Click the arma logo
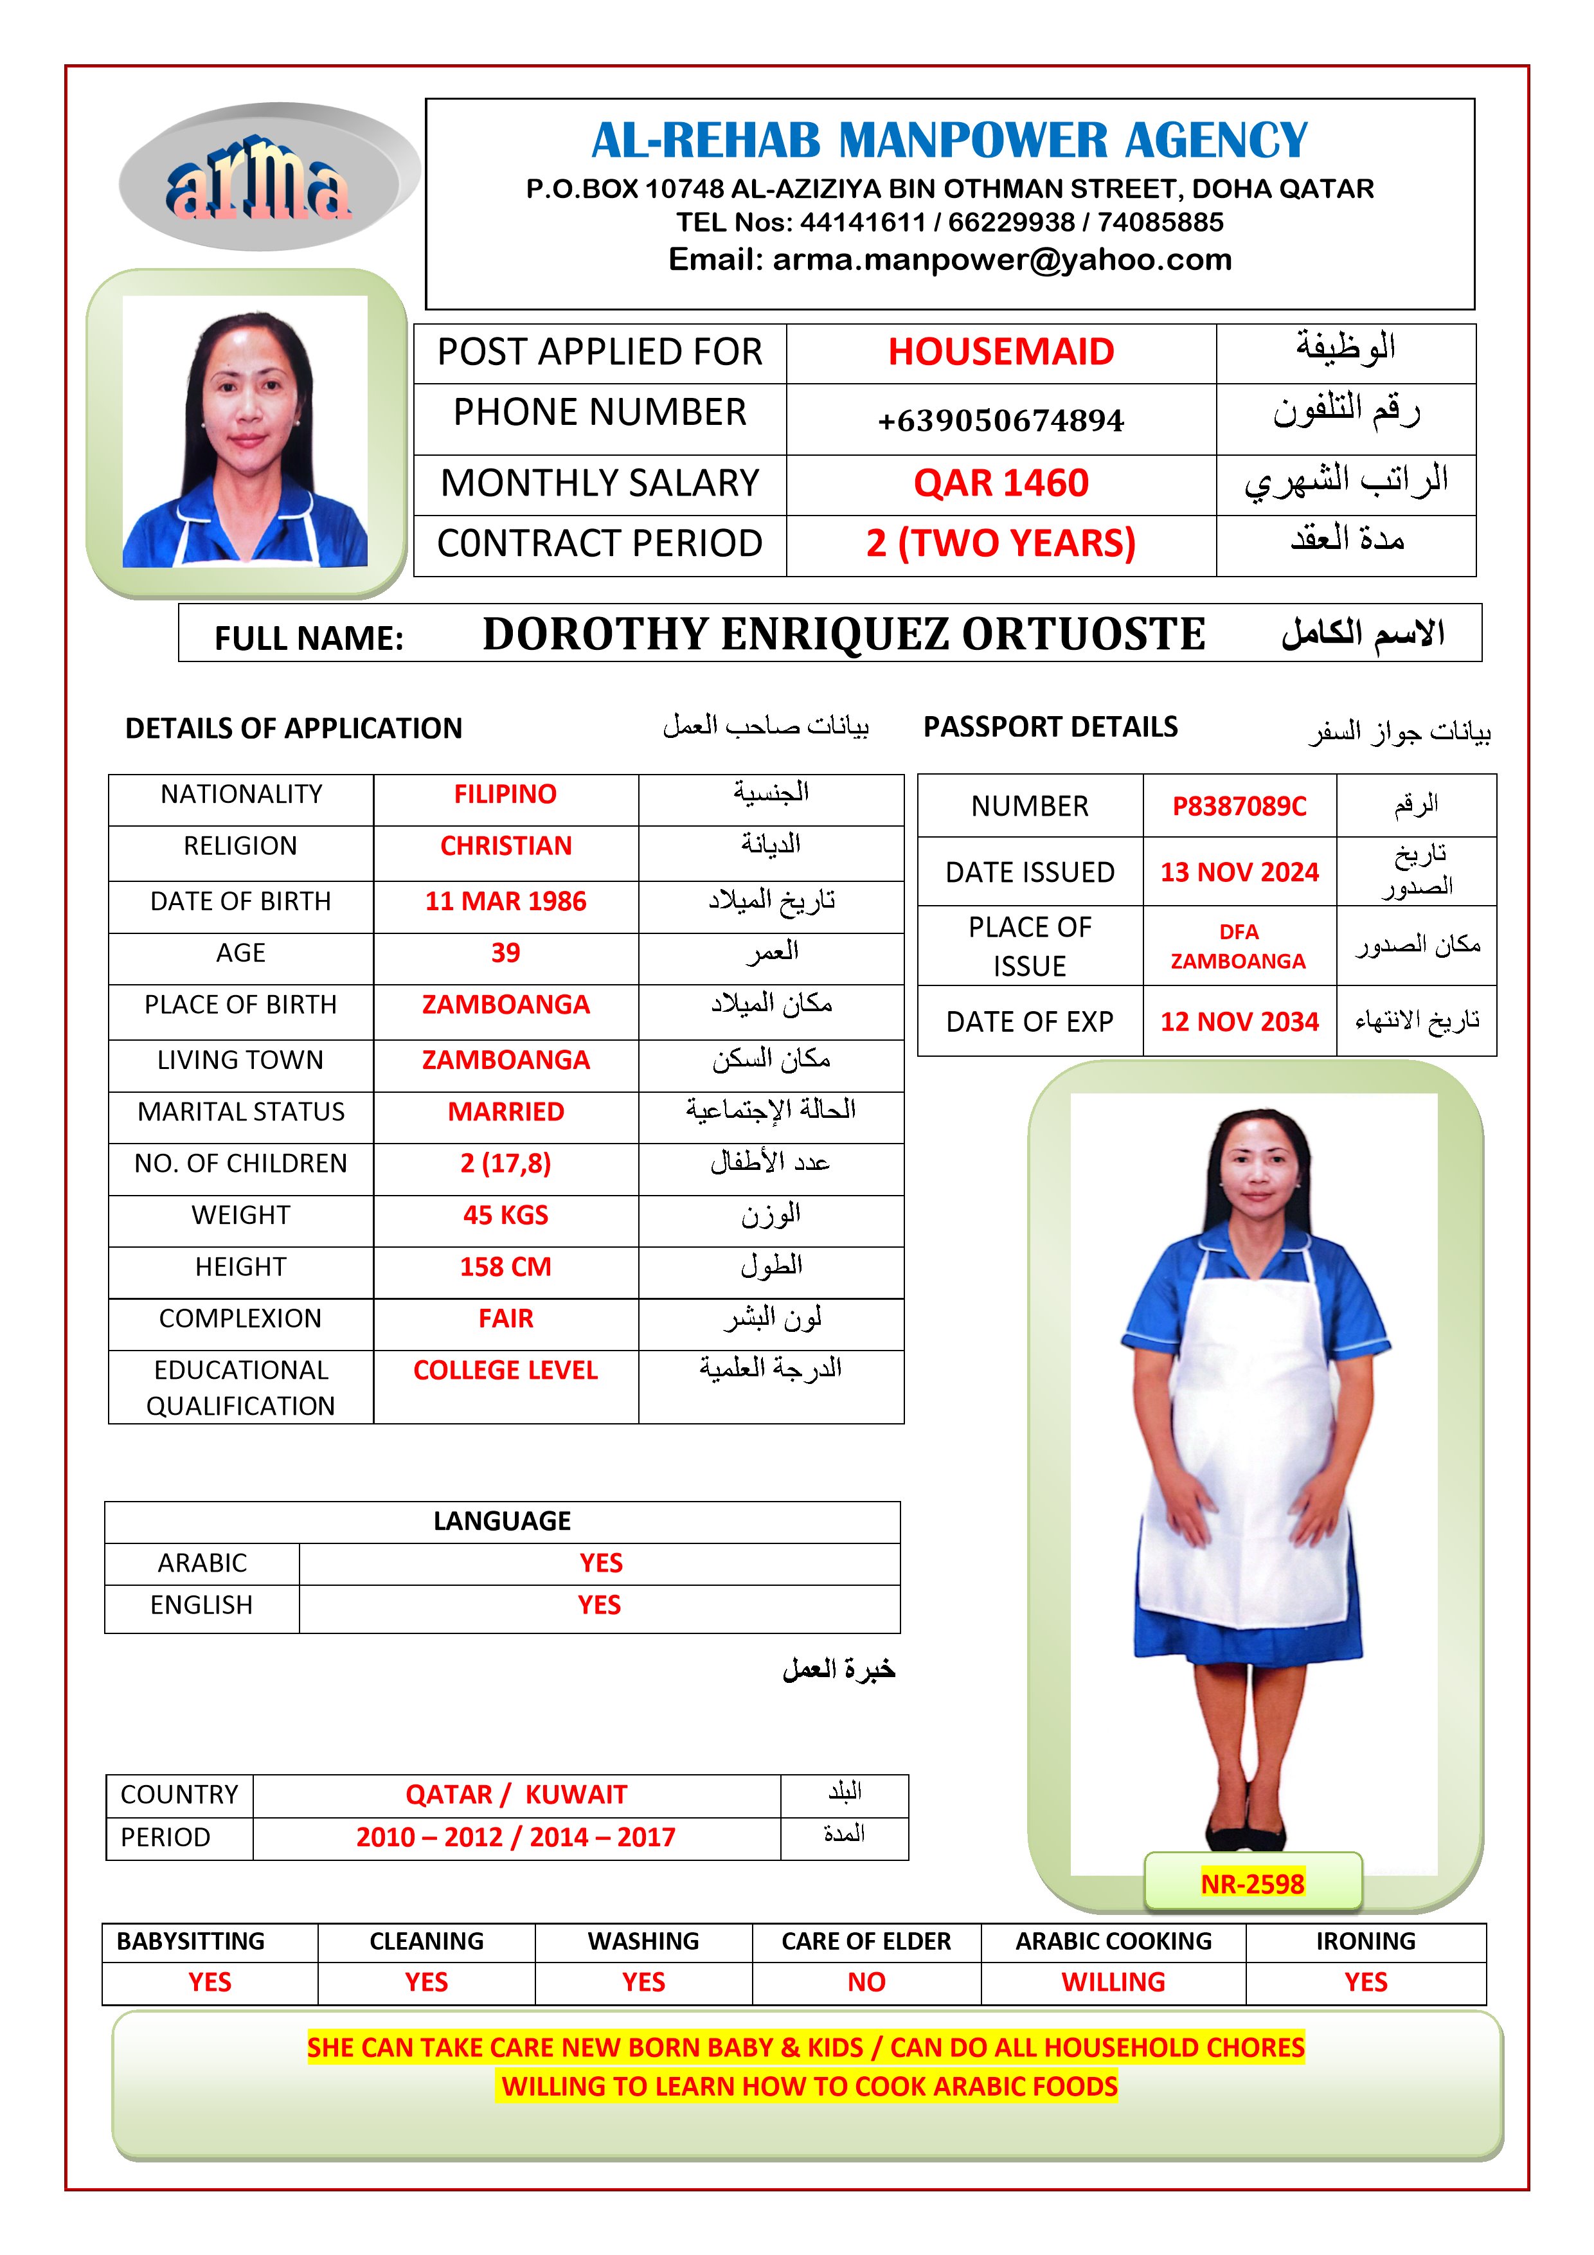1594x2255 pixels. tap(259, 180)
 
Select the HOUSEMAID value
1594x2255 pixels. tap(1001, 352)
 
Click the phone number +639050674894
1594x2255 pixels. tap(1001, 420)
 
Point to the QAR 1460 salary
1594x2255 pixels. tap(1001, 483)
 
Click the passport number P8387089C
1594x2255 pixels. tap(1239, 806)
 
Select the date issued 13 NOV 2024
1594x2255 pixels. tap(1239, 872)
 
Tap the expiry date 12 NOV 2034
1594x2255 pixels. tap(1239, 1021)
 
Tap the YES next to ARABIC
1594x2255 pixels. tap(600, 1563)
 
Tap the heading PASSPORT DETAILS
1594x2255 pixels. tap(1050, 727)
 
